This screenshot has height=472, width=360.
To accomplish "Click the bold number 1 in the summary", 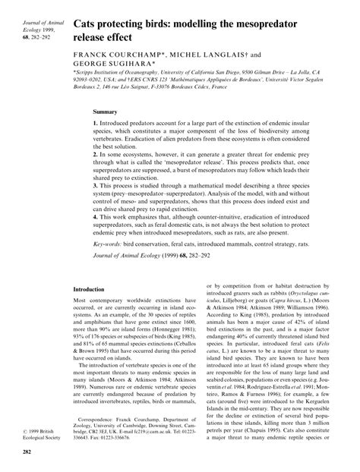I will [x=95, y=123].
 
